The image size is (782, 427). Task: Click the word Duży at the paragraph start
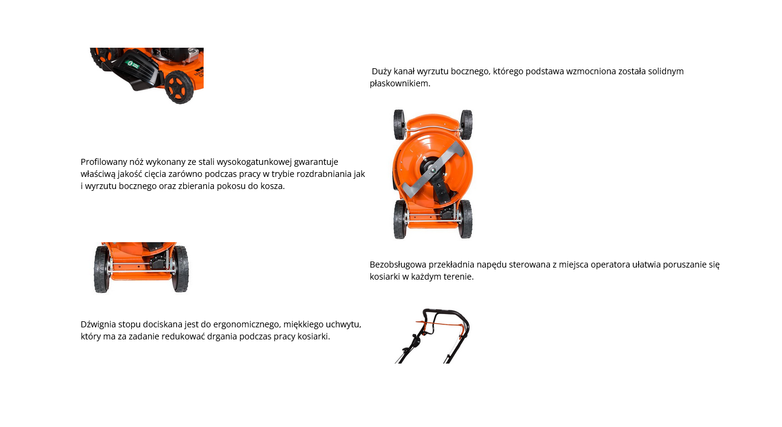[381, 71]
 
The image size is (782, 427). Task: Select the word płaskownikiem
[400, 83]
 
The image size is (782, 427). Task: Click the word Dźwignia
[98, 325]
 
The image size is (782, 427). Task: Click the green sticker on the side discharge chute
[132, 64]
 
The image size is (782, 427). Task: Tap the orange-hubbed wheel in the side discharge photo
[179, 87]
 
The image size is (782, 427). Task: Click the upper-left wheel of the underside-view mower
[399, 124]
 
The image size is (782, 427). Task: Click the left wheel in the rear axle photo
[102, 269]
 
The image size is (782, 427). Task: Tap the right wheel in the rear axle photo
[181, 269]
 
